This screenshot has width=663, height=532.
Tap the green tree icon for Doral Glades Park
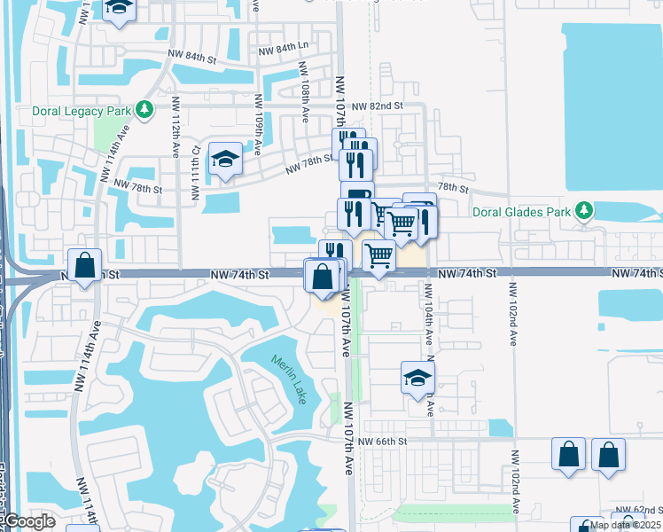tap(583, 210)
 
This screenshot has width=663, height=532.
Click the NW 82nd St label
tap(377, 106)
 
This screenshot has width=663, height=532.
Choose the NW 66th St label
tap(383, 441)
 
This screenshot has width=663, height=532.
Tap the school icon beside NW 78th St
tap(225, 160)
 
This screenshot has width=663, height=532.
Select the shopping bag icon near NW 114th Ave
tap(84, 265)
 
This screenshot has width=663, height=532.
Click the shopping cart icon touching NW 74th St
tap(379, 255)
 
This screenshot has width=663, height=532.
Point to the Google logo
tap(27, 522)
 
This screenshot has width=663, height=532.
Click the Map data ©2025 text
tap(624, 525)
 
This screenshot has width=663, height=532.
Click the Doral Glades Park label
tap(530, 211)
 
